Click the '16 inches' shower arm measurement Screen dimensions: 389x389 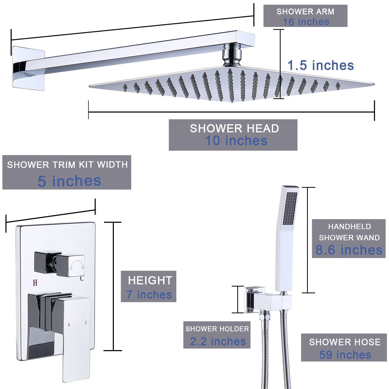pyautogui.click(x=306, y=22)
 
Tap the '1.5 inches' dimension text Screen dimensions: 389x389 pyautogui.click(x=321, y=65)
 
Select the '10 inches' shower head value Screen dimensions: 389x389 pyautogui.click(x=236, y=141)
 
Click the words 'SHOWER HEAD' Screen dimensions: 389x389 pyautogui.click(x=234, y=128)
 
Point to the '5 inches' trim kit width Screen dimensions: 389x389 pyautogui.click(x=69, y=181)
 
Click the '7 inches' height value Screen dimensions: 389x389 pyautogui.click(x=149, y=295)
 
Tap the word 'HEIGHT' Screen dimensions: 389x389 pyautogui.click(x=150, y=280)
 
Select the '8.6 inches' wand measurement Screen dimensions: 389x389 pyautogui.click(x=349, y=250)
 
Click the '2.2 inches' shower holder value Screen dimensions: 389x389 pyautogui.click(x=218, y=341)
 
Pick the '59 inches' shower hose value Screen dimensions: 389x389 pyautogui.click(x=345, y=355)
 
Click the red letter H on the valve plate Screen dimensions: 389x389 pyautogui.click(x=35, y=283)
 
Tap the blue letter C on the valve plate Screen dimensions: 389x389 pyautogui.click(x=82, y=278)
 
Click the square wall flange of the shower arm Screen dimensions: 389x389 pyautogui.click(x=28, y=68)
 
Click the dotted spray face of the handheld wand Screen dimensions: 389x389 pyautogui.click(x=290, y=208)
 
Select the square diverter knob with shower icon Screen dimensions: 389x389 pyautogui.click(x=71, y=266)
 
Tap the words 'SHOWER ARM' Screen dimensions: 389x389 pyautogui.click(x=305, y=11)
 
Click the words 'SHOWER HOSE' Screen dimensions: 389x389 pyautogui.click(x=345, y=342)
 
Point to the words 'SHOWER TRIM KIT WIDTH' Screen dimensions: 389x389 pyautogui.click(x=67, y=165)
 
